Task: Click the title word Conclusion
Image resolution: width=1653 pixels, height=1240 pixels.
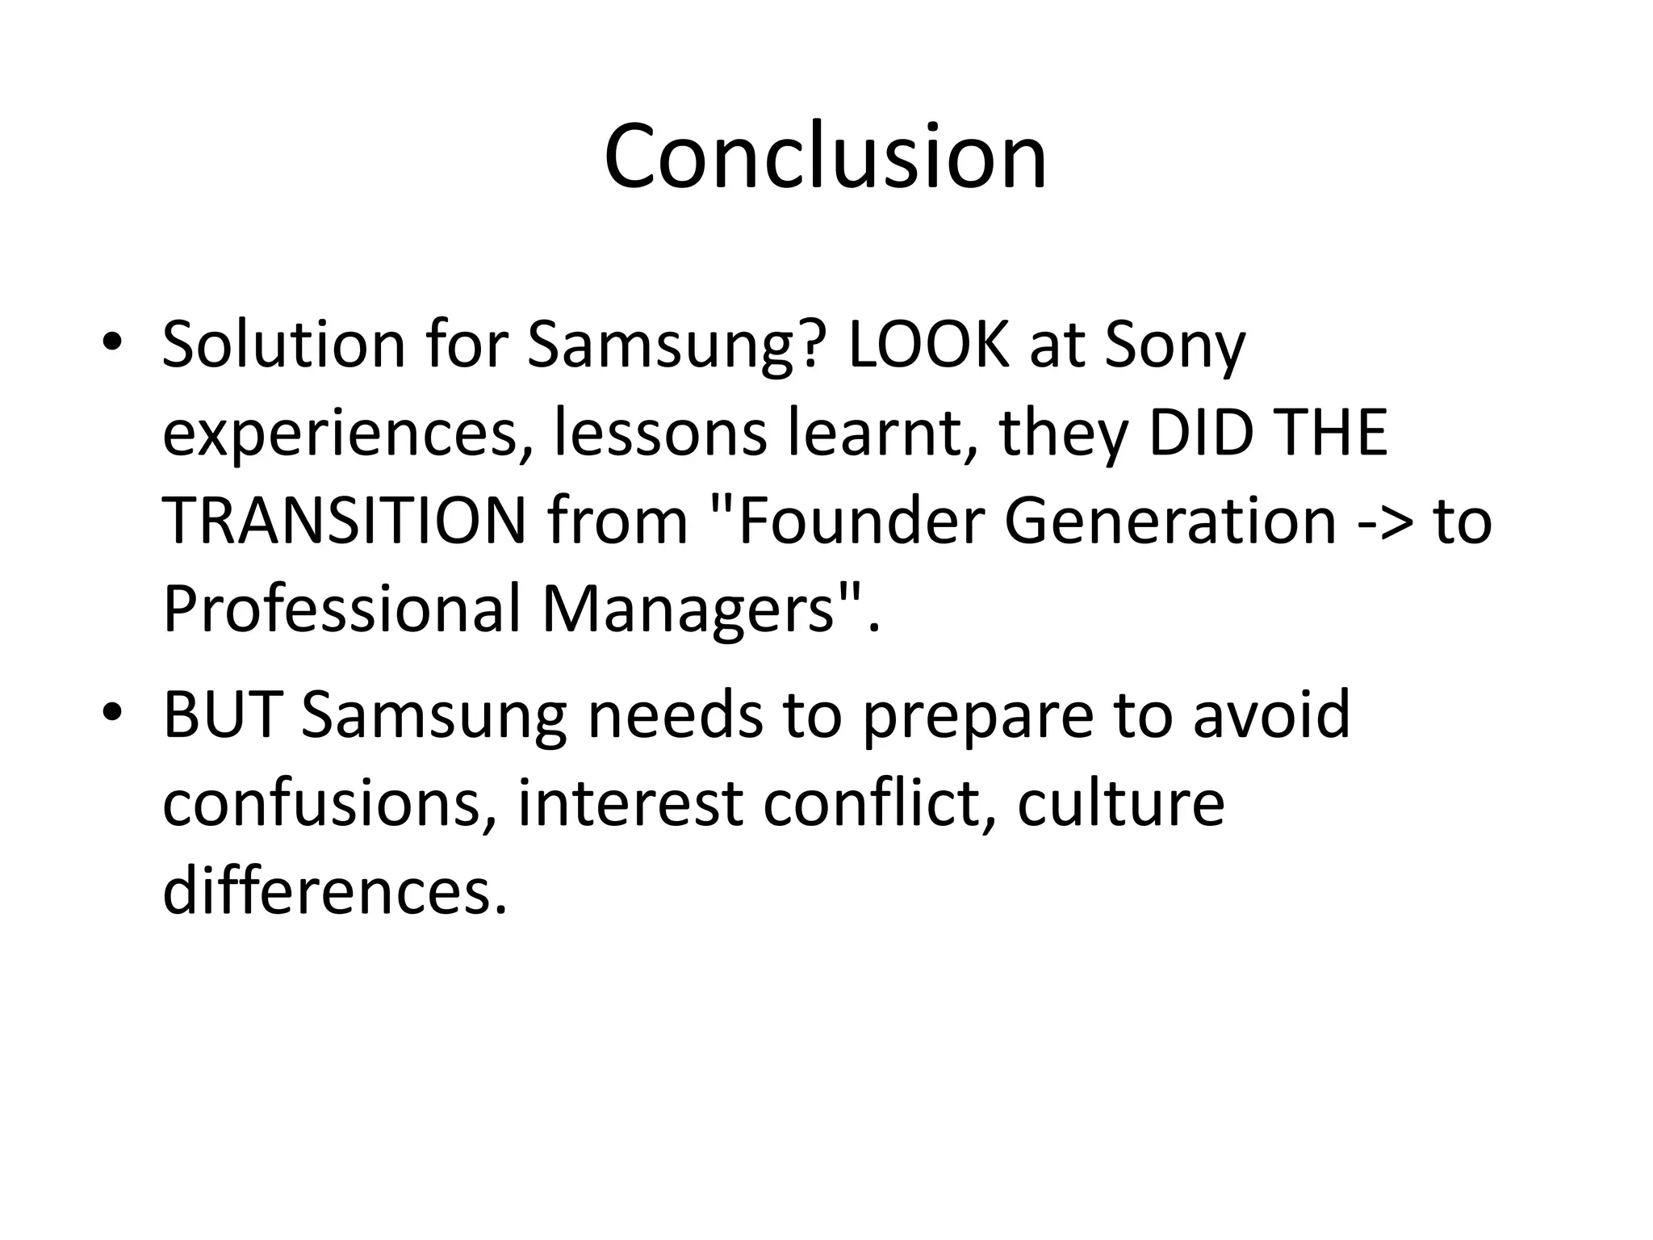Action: tap(825, 156)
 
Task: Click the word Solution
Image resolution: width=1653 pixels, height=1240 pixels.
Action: tap(283, 345)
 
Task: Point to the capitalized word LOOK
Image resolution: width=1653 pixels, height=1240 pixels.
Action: tap(928, 345)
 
